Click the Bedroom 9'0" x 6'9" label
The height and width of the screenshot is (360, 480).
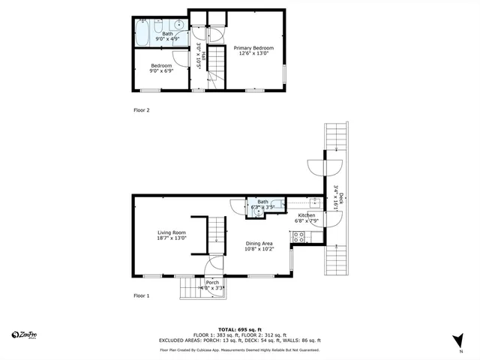point(160,68)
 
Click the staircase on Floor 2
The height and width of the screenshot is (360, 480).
point(217,67)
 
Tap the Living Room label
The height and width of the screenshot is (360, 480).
point(172,235)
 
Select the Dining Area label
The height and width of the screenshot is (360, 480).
point(259,246)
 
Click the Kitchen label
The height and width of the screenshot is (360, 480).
point(307,218)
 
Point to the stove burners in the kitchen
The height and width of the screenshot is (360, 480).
point(298,236)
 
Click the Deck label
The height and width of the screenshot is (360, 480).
point(339,199)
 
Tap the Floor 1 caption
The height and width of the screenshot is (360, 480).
point(142,296)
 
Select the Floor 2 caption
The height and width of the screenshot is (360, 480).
point(142,110)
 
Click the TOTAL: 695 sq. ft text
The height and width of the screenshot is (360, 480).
point(240,329)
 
